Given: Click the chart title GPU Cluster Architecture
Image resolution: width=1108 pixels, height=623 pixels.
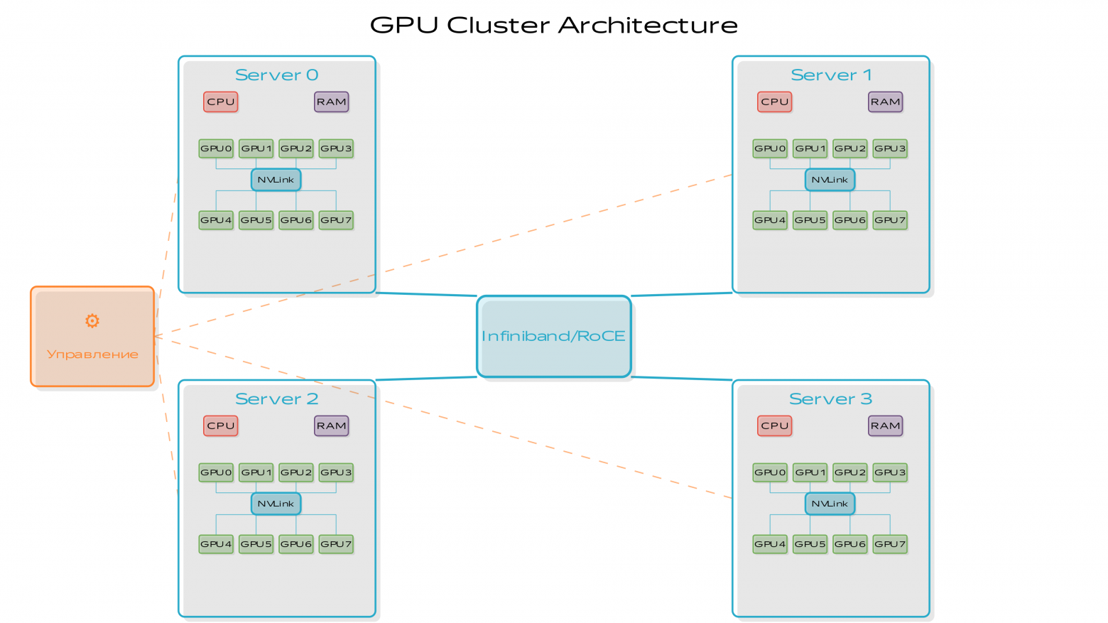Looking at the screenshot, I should point(554,26).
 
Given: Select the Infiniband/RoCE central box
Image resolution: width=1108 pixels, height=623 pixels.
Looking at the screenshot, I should point(554,336).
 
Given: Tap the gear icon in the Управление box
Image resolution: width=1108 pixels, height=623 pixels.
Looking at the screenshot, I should point(92,321).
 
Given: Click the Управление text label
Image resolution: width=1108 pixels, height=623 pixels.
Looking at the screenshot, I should point(92,354).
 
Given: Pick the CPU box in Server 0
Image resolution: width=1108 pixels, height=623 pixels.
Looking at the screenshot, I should point(220,102).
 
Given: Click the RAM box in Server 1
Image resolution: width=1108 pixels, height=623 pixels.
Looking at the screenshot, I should point(885,102).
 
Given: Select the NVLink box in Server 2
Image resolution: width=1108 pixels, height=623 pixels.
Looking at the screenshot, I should point(276,504).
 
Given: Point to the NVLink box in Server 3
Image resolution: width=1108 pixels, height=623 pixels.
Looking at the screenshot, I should point(830,504).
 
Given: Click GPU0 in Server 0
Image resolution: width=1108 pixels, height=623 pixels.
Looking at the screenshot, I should point(216,148).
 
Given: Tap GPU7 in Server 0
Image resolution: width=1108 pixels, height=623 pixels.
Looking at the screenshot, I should point(336,220).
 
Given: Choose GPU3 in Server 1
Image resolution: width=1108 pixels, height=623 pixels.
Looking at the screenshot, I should point(890,148).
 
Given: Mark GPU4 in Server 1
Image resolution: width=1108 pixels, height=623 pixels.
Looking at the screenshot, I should point(770,220).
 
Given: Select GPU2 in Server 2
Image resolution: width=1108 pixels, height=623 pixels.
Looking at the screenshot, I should point(296,472).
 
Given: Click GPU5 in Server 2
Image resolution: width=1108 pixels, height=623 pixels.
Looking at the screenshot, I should point(256,544).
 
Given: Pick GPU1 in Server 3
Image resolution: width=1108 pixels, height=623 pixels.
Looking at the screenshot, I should point(810,472).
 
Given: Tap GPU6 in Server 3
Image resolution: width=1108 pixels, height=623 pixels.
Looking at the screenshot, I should point(850,544).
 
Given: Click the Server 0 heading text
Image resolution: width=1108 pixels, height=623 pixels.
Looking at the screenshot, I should point(276,75).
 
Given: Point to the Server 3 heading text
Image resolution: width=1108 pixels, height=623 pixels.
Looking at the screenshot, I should point(830,399).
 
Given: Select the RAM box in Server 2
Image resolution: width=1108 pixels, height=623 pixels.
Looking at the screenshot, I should point(331,426).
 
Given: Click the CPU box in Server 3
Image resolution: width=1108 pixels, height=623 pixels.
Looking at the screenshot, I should point(774,426).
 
